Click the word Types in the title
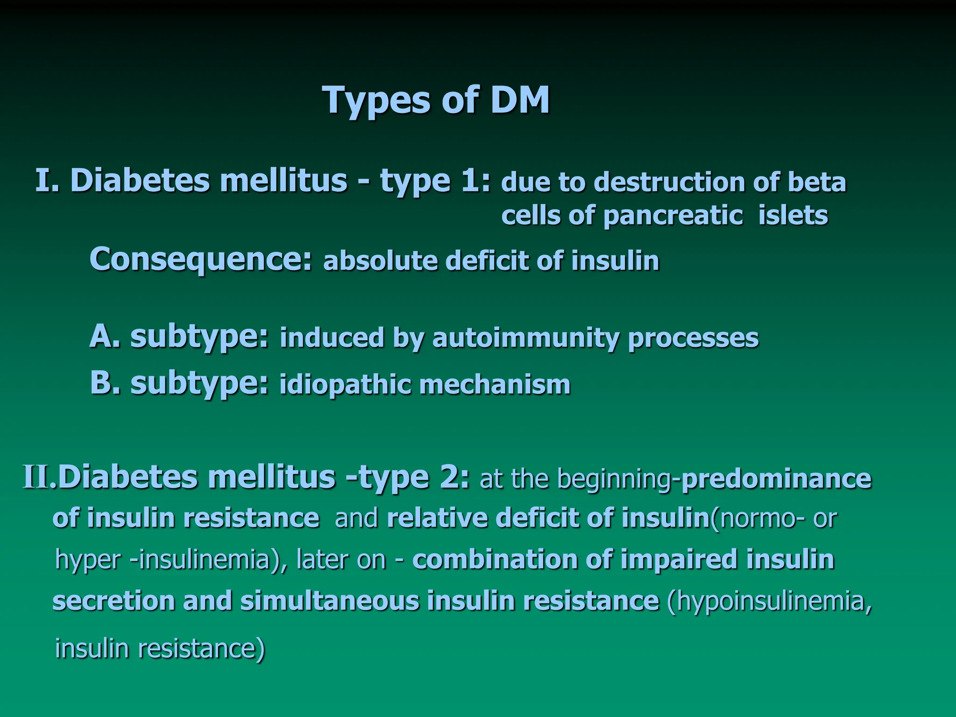point(377,100)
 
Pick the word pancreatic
point(673,216)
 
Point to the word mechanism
point(495,385)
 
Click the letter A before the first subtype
point(101,336)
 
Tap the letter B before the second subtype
point(101,384)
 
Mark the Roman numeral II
point(37,478)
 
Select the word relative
point(436,518)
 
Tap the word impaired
point(678,559)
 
